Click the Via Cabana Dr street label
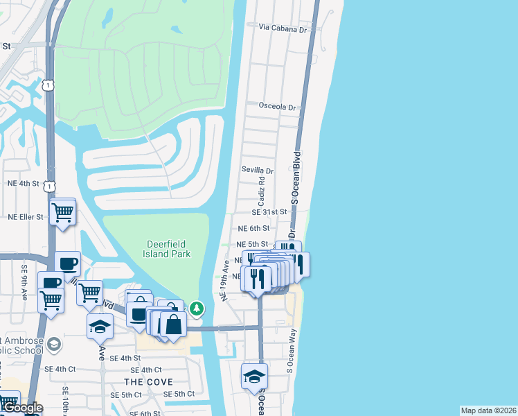tap(282, 28)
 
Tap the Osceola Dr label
tap(277, 107)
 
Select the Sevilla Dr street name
tap(258, 170)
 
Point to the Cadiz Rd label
tap(262, 191)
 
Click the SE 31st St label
tap(269, 212)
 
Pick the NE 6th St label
tap(253, 228)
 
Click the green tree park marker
tap(197, 308)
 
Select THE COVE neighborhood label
tap(148, 382)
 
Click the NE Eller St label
tap(25, 217)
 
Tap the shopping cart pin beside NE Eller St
tap(62, 211)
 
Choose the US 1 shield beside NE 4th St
tap(48, 187)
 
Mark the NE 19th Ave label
tap(224, 280)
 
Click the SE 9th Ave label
tap(24, 282)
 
